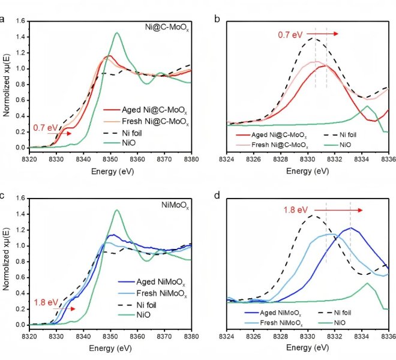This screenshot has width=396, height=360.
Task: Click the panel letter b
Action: pos(217,18)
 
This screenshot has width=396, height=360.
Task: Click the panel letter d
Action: pos(217,195)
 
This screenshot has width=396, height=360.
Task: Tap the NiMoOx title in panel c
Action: pos(176,205)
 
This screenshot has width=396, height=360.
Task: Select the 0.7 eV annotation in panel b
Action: pos(290,34)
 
